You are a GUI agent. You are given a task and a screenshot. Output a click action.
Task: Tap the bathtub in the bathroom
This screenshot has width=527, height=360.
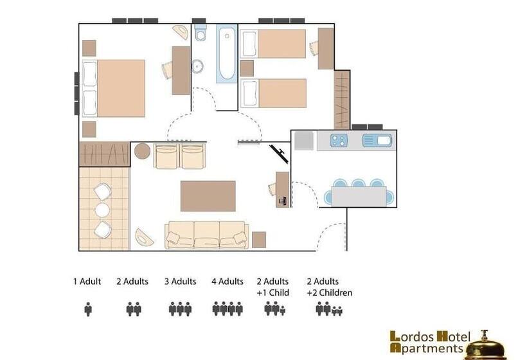[x=226, y=54]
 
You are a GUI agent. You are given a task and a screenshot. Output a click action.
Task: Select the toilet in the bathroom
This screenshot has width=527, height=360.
[x=201, y=33]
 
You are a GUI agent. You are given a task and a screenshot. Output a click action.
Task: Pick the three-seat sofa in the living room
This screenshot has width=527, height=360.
[x=206, y=235]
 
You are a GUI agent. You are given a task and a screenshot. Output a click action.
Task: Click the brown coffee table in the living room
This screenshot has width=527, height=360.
[x=208, y=196]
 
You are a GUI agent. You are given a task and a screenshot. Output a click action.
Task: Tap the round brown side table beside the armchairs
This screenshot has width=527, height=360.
[x=142, y=152]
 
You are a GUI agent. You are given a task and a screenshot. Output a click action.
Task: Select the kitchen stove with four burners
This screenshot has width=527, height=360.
[x=339, y=140]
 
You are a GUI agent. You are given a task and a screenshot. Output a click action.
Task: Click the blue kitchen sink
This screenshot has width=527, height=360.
[x=377, y=140]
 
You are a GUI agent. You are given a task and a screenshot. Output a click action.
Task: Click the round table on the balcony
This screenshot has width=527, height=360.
[x=103, y=210]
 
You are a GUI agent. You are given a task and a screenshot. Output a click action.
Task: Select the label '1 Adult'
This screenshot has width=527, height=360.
[x=87, y=282]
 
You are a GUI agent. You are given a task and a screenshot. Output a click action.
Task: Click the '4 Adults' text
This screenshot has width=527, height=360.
[x=228, y=282]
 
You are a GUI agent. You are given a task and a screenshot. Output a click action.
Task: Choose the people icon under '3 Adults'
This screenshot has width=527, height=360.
[x=181, y=309]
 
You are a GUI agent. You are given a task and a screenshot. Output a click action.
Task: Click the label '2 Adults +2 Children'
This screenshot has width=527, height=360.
[x=329, y=287]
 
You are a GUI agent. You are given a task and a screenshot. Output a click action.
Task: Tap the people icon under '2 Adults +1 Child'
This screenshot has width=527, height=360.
[x=274, y=309]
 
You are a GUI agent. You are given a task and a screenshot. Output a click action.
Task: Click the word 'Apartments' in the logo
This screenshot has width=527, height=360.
[x=427, y=348]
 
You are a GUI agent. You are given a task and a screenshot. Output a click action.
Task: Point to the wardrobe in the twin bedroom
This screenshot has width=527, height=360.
[x=341, y=99]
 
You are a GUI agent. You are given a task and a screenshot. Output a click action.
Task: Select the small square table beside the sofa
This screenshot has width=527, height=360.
[x=259, y=240]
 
